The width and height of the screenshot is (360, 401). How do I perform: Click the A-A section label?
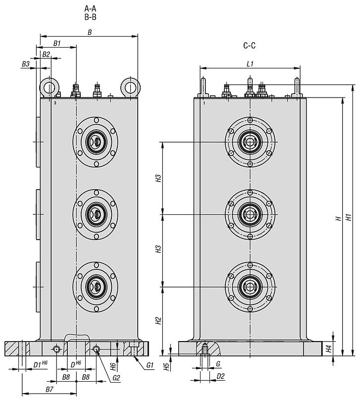coord(90,8)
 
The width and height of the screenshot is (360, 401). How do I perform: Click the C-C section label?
coord(249,46)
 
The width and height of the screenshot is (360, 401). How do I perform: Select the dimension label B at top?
coord(90,32)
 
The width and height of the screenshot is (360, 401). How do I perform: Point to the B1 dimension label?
coord(57,44)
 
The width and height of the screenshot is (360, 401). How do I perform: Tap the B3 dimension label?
coord(26,64)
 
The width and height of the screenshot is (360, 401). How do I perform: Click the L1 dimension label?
coord(250,64)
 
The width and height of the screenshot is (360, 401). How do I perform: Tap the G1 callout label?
coord(151,365)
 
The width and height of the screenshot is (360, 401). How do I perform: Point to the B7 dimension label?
coord(49,390)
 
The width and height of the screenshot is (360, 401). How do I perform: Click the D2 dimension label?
coord(221,376)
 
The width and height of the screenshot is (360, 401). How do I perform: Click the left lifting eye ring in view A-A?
coord(49,88)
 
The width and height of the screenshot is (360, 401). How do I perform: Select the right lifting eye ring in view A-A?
coord(130,88)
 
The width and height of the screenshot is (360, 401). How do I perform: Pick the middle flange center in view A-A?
coord(95,214)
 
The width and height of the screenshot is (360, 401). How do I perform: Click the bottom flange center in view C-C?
coord(250,286)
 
